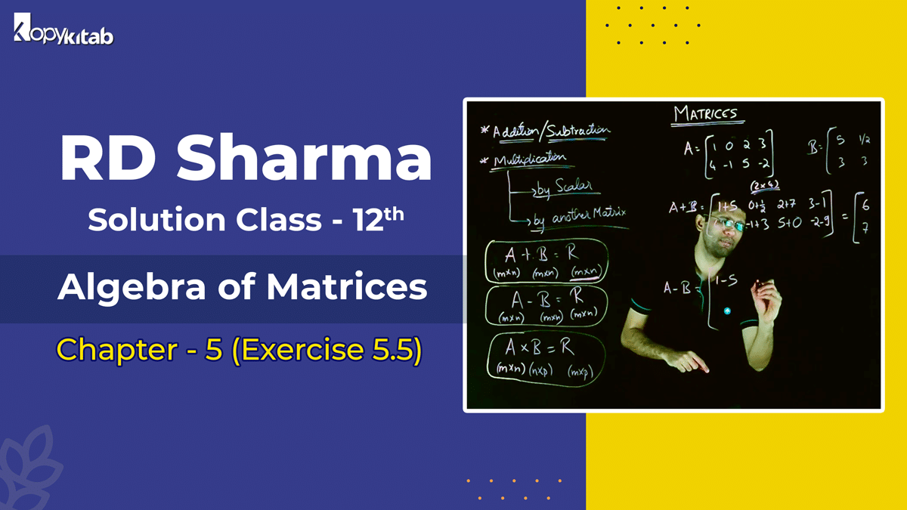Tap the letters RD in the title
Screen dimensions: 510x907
(x=106, y=159)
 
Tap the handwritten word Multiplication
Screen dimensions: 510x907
(x=529, y=159)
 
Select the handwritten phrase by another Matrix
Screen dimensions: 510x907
(x=578, y=217)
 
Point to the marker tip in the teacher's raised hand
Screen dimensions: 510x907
(x=759, y=286)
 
